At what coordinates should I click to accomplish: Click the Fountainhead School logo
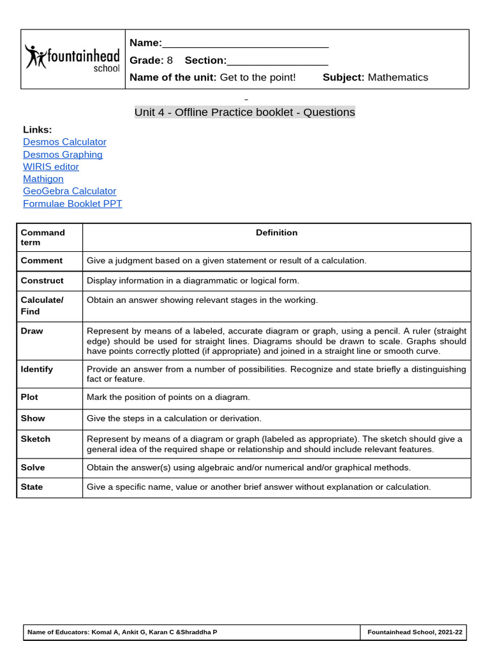click(72, 59)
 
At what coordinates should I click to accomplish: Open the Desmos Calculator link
click(64, 142)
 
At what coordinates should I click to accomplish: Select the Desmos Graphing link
click(63, 154)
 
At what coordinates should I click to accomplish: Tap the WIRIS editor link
click(51, 166)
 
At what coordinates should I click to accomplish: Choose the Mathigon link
click(43, 179)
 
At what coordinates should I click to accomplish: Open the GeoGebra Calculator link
click(70, 191)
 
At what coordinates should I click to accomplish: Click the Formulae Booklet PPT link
click(72, 203)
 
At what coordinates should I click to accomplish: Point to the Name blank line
click(246, 44)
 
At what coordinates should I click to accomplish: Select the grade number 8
click(170, 61)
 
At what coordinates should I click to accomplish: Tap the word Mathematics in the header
click(398, 77)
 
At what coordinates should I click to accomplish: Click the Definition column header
click(276, 233)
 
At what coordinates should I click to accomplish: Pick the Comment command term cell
click(41, 260)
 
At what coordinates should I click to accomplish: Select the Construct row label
click(42, 281)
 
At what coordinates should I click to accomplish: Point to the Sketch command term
click(35, 439)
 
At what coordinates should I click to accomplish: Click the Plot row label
click(29, 397)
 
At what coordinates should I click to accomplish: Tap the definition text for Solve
click(249, 467)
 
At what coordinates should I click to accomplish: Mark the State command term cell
click(32, 487)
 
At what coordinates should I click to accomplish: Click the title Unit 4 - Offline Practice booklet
click(244, 112)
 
